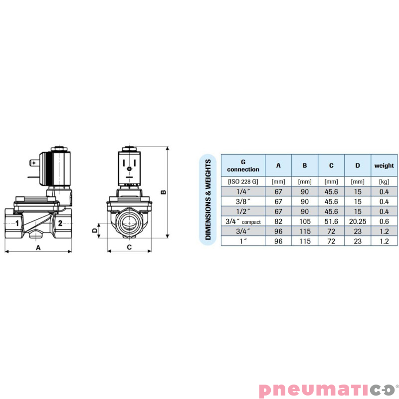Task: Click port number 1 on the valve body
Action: pos(17,223)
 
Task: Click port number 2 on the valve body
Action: pos(60,223)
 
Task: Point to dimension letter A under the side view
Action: pos(38,247)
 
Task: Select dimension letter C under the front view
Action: pos(129,247)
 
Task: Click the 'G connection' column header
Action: pos(243,166)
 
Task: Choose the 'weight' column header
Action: pos(384,166)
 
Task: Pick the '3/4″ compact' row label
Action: pos(243,221)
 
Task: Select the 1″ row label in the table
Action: pos(243,241)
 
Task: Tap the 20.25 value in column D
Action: pos(357,221)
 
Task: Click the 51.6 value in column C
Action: pos(331,221)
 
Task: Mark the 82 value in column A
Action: pos(278,221)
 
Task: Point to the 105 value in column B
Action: pos(305,221)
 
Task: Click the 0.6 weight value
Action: pos(384,221)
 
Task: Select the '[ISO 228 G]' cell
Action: pos(243,181)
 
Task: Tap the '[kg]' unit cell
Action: pos(384,181)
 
